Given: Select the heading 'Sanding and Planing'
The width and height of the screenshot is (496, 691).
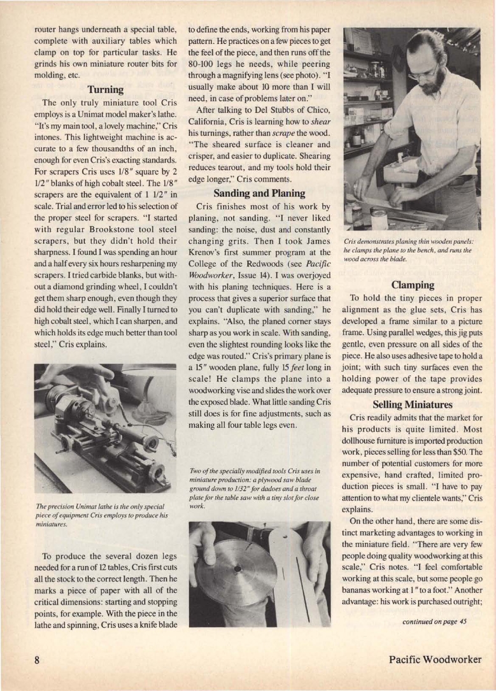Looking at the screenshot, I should pyautogui.click(x=259, y=193).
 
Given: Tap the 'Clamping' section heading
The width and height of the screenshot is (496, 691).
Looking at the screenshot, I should pyautogui.click(x=412, y=285).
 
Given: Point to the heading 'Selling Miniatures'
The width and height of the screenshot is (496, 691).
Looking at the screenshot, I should pyautogui.click(x=412, y=404).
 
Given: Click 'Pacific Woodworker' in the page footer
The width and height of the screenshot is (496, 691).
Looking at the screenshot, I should pyautogui.click(x=435, y=659).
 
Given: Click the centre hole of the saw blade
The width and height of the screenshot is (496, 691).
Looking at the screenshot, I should pyautogui.click(x=236, y=567).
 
